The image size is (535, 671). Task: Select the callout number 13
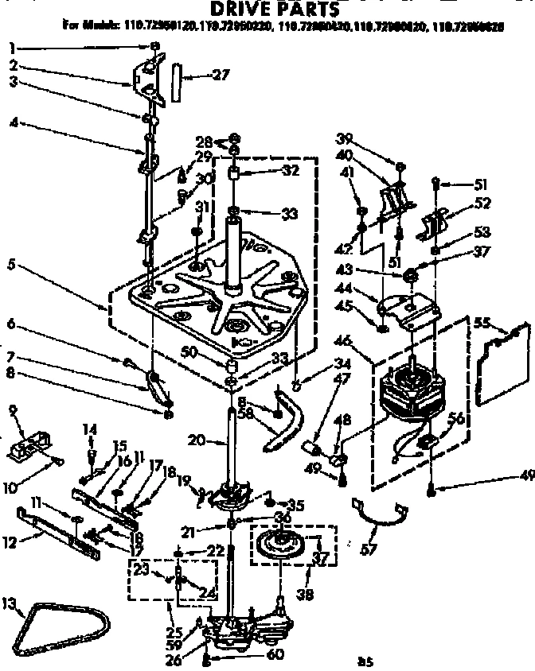click(11, 605)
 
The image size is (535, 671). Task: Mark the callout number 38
click(303, 592)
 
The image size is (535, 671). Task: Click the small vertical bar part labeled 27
click(177, 80)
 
